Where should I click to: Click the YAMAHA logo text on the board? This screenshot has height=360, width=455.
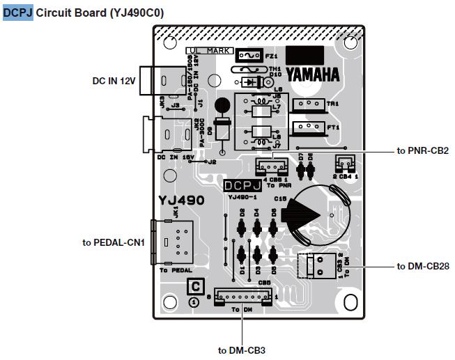(312, 75)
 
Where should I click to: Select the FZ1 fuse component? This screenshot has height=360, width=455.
(248, 55)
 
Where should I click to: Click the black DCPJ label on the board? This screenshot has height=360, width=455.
(242, 187)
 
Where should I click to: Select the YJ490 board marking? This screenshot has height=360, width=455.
(181, 201)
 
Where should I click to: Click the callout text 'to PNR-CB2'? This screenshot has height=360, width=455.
(422, 150)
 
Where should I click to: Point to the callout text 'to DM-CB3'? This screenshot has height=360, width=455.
(242, 350)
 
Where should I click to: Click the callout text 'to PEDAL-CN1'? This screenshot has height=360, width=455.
(113, 242)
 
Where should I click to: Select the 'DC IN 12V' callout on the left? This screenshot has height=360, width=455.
(114, 81)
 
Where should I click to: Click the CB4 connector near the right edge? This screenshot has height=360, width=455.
(344, 164)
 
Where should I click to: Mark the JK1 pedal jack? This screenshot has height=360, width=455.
(169, 242)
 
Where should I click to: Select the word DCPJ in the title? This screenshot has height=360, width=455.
(18, 13)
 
